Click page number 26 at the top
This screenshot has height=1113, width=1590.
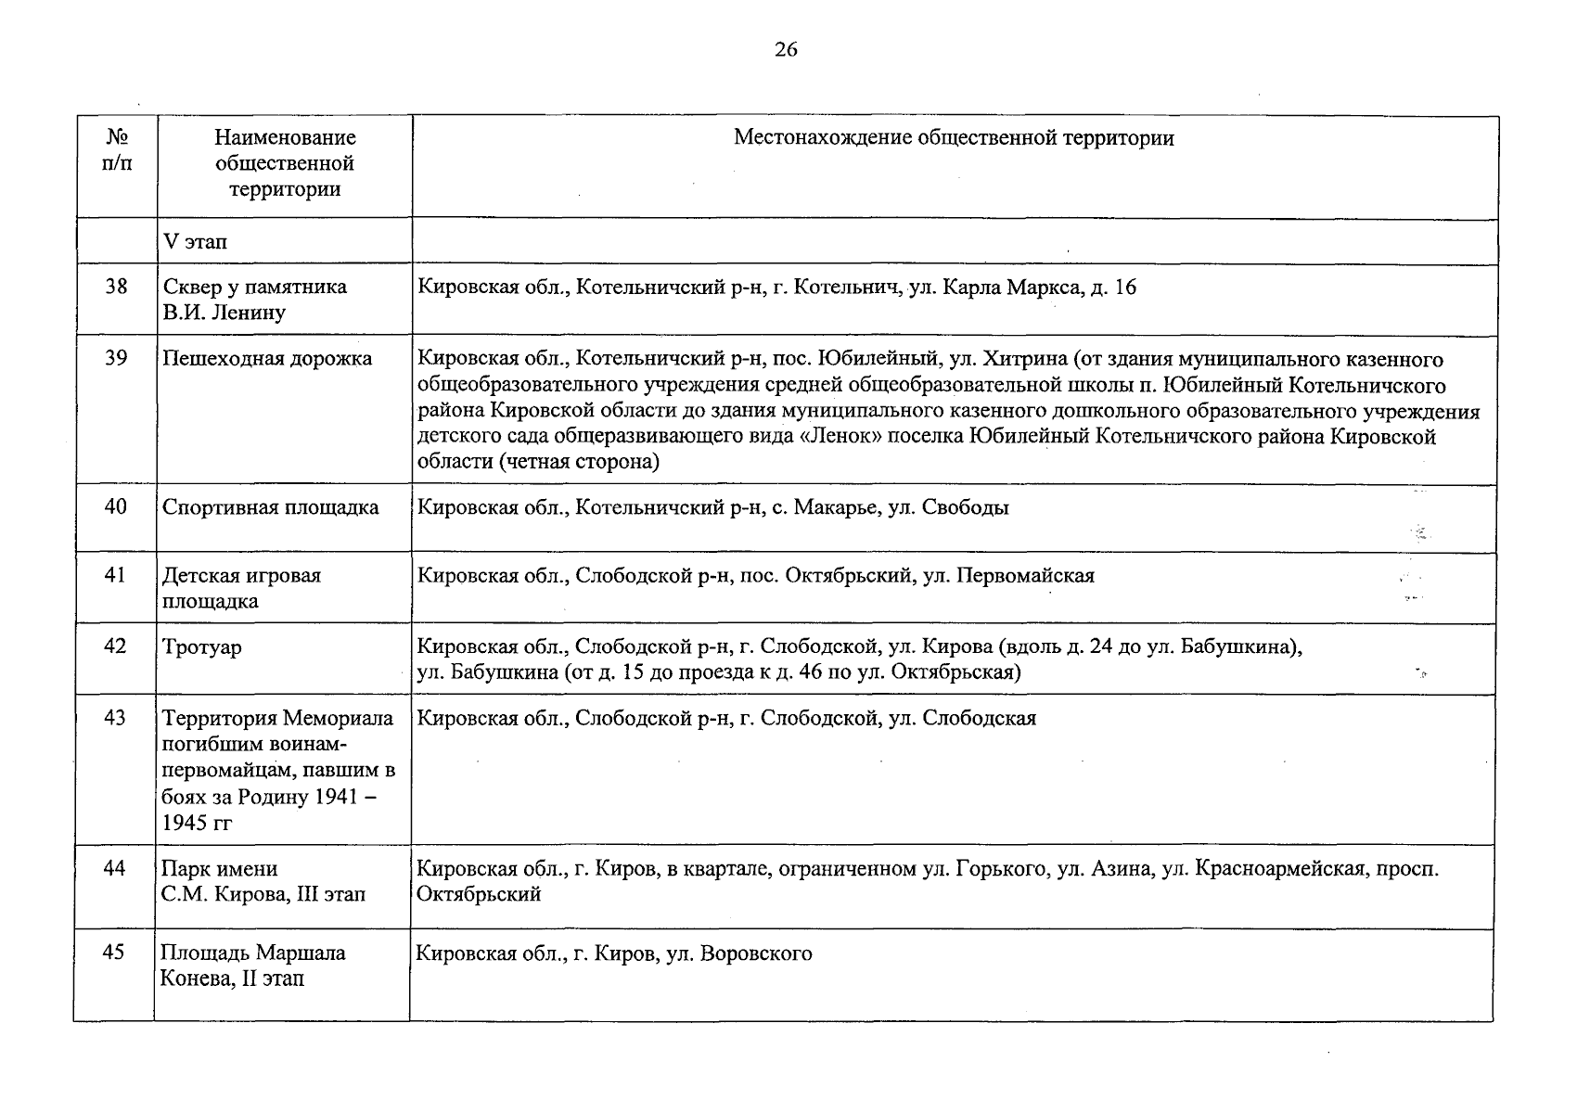(785, 50)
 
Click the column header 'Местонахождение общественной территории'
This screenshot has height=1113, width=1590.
(954, 138)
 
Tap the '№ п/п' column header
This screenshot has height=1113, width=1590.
(116, 150)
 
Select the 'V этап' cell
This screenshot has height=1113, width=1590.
(195, 242)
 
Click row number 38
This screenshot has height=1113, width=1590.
(116, 287)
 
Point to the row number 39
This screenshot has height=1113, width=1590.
(116, 358)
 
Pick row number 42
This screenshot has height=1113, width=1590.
(115, 646)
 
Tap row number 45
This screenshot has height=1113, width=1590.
(113, 953)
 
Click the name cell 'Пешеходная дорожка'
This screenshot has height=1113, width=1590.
(267, 359)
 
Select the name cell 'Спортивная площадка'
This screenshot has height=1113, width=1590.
(271, 507)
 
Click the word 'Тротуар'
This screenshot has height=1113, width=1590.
(202, 646)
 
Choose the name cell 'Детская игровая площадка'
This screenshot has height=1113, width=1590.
(241, 588)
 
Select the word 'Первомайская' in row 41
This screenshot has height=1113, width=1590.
(1025, 575)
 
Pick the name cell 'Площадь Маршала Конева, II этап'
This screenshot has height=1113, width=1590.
(252, 966)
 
